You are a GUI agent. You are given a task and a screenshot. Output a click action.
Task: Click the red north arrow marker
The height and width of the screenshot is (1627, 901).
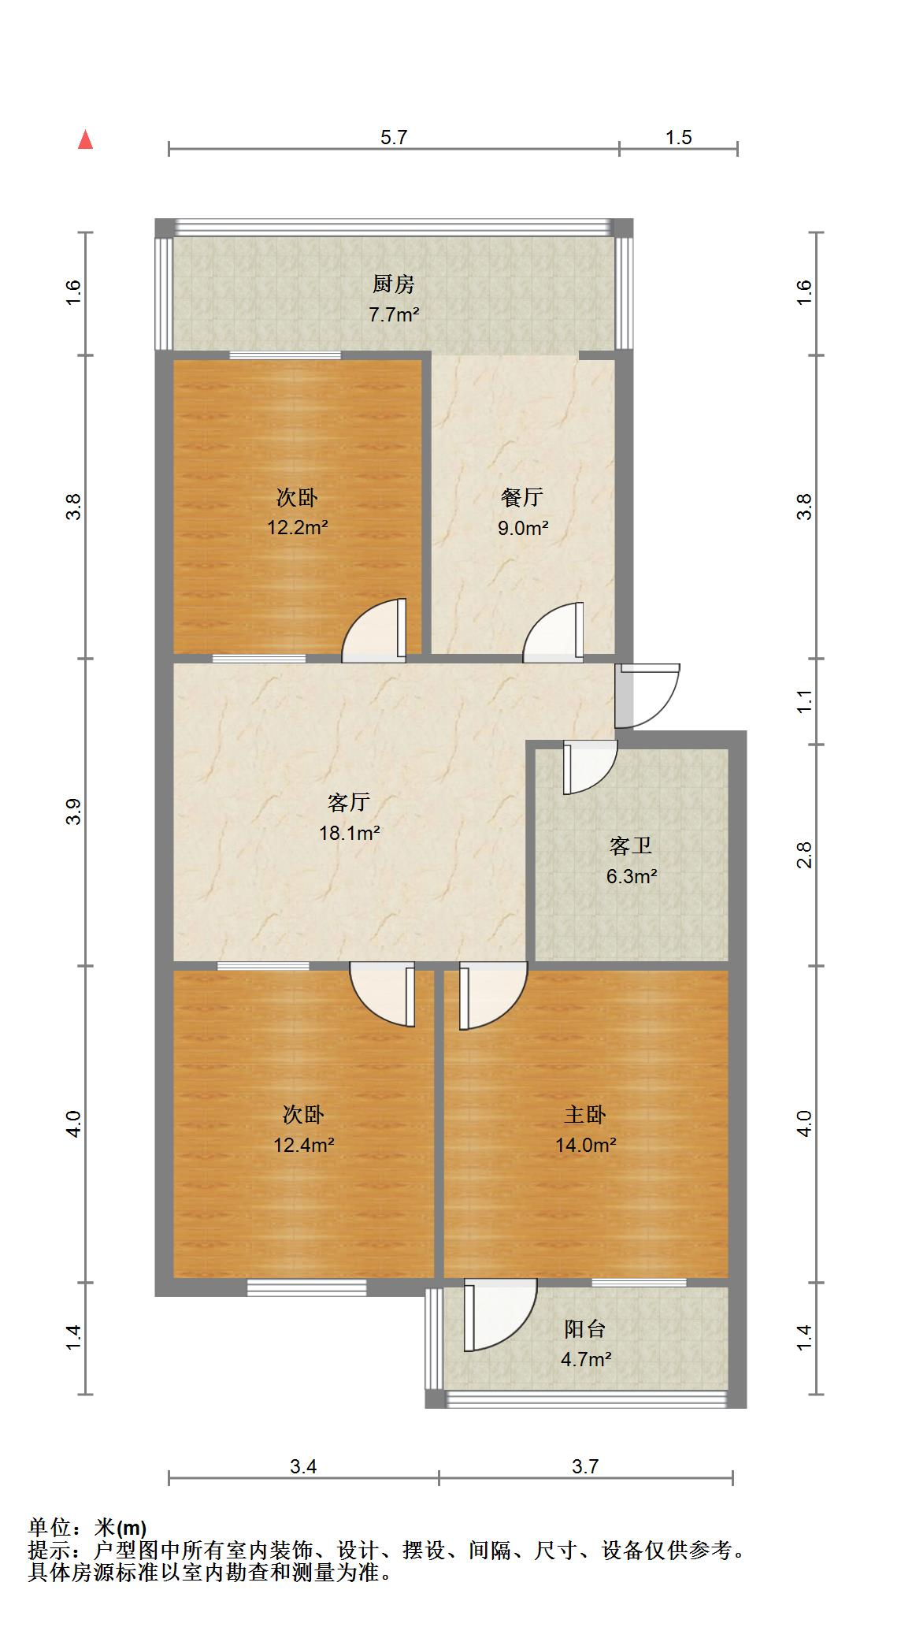pos(86,140)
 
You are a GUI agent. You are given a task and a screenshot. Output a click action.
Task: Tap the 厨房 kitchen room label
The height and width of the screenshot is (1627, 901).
pos(393,284)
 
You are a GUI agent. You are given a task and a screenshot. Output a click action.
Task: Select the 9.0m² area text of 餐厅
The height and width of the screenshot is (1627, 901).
pos(522,528)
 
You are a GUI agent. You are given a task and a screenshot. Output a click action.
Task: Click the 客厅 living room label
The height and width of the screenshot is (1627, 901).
pos(348,802)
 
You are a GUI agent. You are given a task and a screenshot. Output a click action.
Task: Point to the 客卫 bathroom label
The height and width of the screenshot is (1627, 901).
pos(630,846)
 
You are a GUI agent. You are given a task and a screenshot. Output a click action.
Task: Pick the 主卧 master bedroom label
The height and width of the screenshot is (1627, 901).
pos(585,1114)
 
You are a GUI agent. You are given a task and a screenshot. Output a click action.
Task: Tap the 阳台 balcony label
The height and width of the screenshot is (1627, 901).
pos(585,1328)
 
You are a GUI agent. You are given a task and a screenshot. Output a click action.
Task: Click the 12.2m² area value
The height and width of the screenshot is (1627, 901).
pos(297,528)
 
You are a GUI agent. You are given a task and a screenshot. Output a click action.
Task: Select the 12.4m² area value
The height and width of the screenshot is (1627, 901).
pos(303,1145)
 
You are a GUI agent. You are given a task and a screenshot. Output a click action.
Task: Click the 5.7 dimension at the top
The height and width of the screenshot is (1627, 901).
pos(394,137)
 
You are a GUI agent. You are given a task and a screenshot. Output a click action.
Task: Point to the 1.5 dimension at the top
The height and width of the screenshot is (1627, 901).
pos(678,137)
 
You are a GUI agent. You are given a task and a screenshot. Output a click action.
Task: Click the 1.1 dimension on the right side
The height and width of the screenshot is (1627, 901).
pos(804,701)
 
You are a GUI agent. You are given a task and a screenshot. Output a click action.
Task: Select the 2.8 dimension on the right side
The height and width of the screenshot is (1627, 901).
pos(804,855)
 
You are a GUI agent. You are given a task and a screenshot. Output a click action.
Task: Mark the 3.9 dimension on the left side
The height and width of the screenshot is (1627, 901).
pos(73,812)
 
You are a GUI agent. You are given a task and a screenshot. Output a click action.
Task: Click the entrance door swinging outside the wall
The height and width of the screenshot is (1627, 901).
pos(650,695)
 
